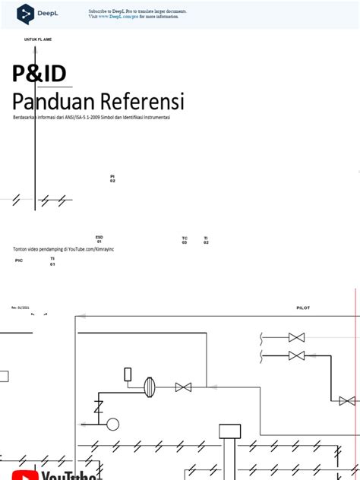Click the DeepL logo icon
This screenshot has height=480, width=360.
click(x=27, y=13)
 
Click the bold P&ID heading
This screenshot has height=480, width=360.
click(x=39, y=74)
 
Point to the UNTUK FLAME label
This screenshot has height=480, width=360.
click(x=38, y=39)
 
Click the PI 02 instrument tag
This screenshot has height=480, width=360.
click(x=112, y=178)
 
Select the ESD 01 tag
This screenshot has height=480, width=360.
click(x=99, y=238)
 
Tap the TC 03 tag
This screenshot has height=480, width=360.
click(x=185, y=240)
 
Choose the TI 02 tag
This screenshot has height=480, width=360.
click(x=206, y=240)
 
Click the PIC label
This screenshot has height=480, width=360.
click(x=19, y=261)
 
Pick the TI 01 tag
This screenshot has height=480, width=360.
click(x=52, y=261)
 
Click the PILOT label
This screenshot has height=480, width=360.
click(x=303, y=308)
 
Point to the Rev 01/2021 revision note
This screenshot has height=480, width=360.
click(x=20, y=308)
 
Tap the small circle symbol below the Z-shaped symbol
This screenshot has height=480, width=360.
click(x=112, y=424)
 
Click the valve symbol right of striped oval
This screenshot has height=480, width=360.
click(x=183, y=387)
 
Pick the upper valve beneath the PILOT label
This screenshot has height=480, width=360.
click(x=296, y=337)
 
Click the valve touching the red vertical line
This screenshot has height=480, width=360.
click(x=347, y=400)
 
